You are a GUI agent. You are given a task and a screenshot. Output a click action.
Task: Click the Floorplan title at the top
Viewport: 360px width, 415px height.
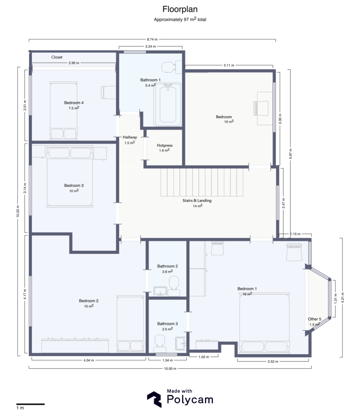point(180,9)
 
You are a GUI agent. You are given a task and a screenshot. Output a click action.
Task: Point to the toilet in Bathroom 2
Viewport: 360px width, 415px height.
point(175,284)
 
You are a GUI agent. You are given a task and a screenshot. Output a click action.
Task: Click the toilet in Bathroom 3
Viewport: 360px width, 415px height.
point(159,343)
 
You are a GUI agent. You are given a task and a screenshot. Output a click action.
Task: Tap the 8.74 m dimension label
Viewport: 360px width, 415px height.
point(152,39)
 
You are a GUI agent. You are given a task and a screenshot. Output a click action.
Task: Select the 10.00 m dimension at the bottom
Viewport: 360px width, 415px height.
point(170,368)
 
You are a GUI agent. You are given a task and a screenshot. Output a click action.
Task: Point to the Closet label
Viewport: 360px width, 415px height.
point(57,57)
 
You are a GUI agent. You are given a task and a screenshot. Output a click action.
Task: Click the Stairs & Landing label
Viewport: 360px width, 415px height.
point(197,200)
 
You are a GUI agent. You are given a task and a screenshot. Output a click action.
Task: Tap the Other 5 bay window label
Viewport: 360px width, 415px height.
point(315,319)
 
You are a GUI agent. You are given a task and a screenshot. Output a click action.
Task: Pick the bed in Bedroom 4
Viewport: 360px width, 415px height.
point(63,109)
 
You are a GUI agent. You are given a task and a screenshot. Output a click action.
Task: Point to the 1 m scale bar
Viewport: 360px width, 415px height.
point(30,404)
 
